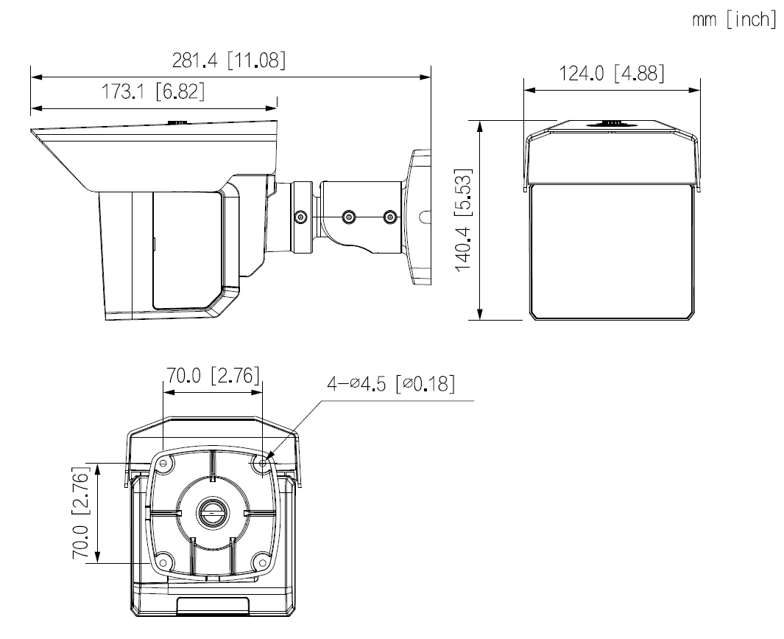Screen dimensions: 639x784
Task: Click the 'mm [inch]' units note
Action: [733, 20]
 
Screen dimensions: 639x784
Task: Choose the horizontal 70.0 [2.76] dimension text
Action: [211, 376]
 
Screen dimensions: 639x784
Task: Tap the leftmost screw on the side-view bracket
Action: [300, 217]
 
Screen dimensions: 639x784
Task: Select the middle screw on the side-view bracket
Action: [349, 217]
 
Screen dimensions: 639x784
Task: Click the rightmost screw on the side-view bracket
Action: [390, 217]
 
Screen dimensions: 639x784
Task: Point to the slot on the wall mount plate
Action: [425, 217]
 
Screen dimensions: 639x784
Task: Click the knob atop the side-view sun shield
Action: [177, 125]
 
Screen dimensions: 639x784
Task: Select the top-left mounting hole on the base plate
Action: [163, 464]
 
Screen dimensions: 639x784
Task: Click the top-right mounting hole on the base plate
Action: [263, 464]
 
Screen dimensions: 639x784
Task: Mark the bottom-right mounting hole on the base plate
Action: [263, 564]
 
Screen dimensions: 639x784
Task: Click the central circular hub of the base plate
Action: [212, 513]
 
